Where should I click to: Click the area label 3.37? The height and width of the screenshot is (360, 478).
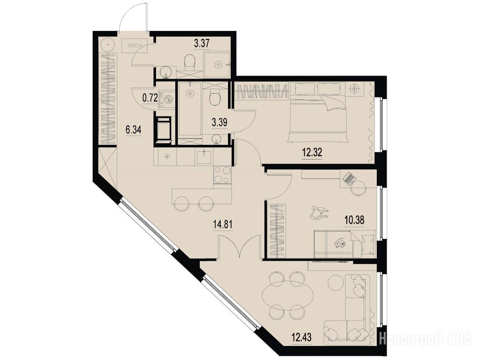pyautogui.click(x=202, y=43)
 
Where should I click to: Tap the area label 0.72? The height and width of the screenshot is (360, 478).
pyautogui.click(x=150, y=98)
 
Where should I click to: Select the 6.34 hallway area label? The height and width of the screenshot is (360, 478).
pyautogui.click(x=133, y=130)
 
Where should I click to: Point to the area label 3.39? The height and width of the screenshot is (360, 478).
pyautogui.click(x=219, y=123)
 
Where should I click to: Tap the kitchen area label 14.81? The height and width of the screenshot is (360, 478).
pyautogui.click(x=223, y=225)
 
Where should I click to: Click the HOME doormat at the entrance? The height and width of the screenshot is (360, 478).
pyautogui.click(x=134, y=45)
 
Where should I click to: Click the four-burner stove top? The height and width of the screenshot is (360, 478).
pyautogui.click(x=222, y=175)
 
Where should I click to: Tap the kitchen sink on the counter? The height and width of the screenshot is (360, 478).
pyautogui.click(x=203, y=157)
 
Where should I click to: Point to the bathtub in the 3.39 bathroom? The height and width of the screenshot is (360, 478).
pyautogui.click(x=189, y=109)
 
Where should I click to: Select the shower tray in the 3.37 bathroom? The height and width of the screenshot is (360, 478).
pyautogui.click(x=217, y=64)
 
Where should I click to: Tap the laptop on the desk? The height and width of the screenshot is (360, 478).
pyautogui.click(x=349, y=178)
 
